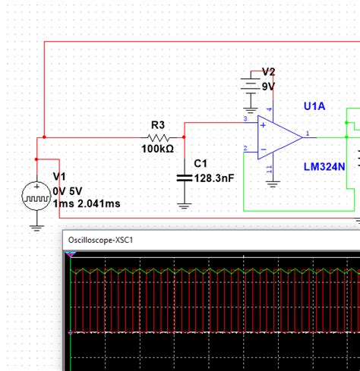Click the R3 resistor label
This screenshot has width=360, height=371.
coord(158,124)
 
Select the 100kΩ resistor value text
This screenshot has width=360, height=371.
coord(158,149)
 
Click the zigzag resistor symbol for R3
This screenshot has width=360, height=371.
coord(159,137)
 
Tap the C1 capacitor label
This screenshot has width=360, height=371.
coord(201,163)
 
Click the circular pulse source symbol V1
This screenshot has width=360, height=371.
coord(36,197)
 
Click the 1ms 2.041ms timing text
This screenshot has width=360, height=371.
coord(86,203)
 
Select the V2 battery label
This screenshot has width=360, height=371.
coord(268,72)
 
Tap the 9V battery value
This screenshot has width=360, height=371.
coord(268,86)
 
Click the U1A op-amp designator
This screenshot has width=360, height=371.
coord(314,106)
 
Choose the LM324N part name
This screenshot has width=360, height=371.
coord(324,166)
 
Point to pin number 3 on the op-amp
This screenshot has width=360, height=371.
coord(245,119)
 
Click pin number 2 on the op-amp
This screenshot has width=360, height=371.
coord(245,148)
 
